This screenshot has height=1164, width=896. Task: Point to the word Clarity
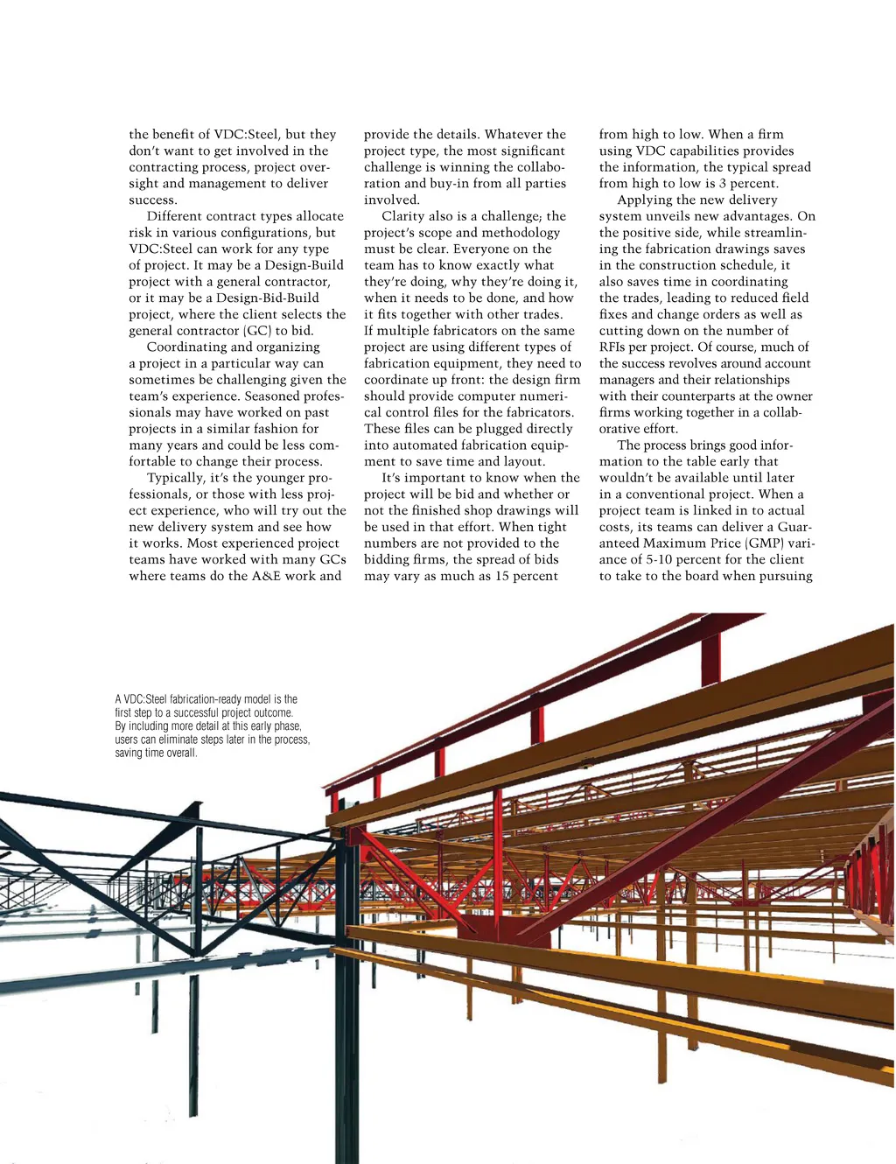tap(403, 216)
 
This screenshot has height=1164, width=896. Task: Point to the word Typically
tap(175, 478)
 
